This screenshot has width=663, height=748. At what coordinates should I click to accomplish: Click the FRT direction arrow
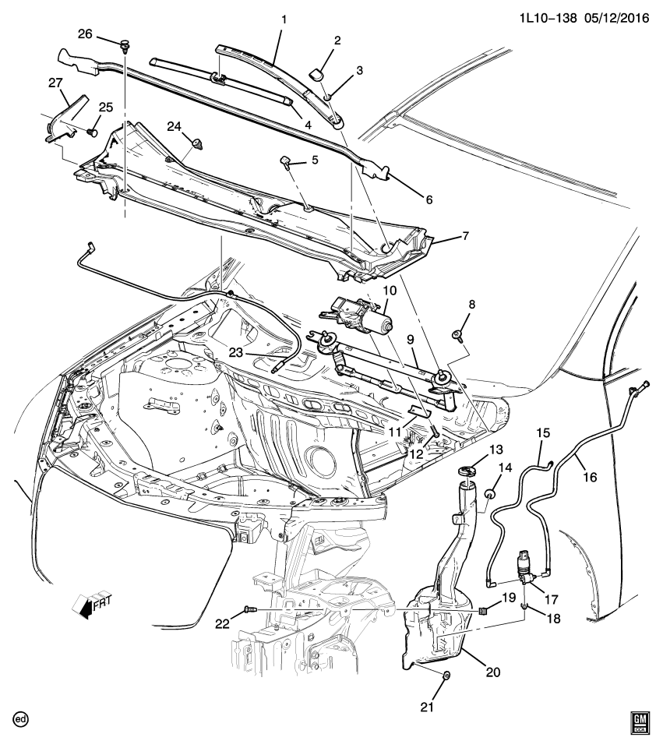pyautogui.click(x=88, y=605)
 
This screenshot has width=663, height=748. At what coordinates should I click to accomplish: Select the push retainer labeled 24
pyautogui.click(x=198, y=143)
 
